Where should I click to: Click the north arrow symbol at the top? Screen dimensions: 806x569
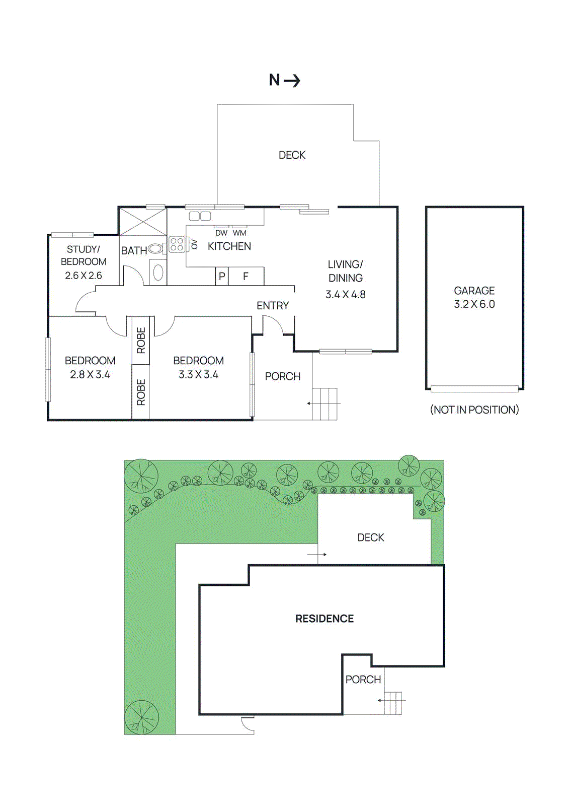[285, 80]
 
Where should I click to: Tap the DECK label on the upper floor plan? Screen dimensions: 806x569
[292, 155]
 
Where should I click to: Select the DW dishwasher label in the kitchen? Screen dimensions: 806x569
[221, 233]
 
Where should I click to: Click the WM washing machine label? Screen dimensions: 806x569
[239, 233]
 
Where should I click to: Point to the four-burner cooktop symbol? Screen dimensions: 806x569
[177, 244]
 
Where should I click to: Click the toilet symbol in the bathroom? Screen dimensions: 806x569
[155, 248]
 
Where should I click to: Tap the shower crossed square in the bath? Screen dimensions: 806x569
[142, 222]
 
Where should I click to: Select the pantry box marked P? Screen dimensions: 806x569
[222, 276]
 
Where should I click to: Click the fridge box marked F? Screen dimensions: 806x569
[246, 276]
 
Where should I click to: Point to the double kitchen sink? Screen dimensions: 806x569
[200, 216]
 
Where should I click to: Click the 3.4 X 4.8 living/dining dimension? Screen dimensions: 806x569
[345, 295]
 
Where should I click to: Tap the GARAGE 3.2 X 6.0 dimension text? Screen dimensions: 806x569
[474, 304]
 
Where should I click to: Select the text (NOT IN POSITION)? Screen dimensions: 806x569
[474, 410]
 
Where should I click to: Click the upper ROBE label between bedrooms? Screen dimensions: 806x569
[141, 341]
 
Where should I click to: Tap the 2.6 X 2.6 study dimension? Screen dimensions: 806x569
[84, 276]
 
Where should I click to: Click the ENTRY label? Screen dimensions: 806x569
[273, 306]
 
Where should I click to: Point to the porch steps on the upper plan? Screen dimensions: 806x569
[324, 404]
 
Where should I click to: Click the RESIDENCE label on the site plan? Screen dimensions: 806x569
[324, 619]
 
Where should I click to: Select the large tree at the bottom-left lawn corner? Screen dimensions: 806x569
[141, 717]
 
